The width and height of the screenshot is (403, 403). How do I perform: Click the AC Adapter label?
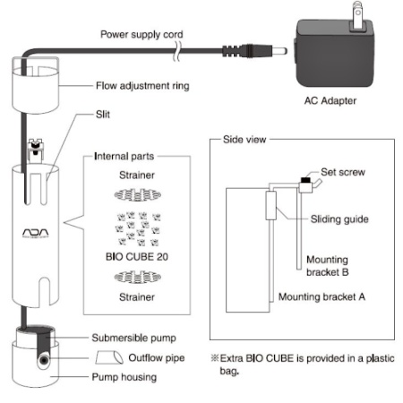pos(330,101)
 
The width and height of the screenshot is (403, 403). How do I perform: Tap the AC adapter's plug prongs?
pos(358,15)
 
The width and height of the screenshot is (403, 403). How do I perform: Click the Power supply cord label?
pos(141,35)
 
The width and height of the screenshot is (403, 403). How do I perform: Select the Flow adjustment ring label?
pos(142,86)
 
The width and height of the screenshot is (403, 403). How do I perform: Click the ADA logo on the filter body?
pos(36,233)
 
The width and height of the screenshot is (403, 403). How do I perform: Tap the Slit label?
pos(103,115)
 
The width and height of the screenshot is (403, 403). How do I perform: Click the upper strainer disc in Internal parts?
pos(138,195)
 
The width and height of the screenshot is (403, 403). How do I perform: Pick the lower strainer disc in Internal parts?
pos(138,277)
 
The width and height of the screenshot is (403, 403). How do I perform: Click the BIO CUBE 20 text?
pos(137,257)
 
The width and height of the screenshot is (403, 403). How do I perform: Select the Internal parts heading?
pos(124,156)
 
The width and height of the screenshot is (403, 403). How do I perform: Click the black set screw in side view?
pos(305,180)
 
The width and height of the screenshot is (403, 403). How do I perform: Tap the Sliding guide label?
pos(339,219)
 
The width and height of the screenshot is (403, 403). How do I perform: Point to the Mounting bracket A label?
pos(322,296)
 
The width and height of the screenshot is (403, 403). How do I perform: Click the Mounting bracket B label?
pos(327,266)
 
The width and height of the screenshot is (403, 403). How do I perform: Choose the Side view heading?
pos(244,140)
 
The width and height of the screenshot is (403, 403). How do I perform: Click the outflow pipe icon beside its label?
pos(109,357)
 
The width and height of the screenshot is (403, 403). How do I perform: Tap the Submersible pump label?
pos(133,338)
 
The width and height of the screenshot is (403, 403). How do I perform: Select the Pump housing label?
pos(124,377)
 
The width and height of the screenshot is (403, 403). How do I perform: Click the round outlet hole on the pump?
pos(44,361)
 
